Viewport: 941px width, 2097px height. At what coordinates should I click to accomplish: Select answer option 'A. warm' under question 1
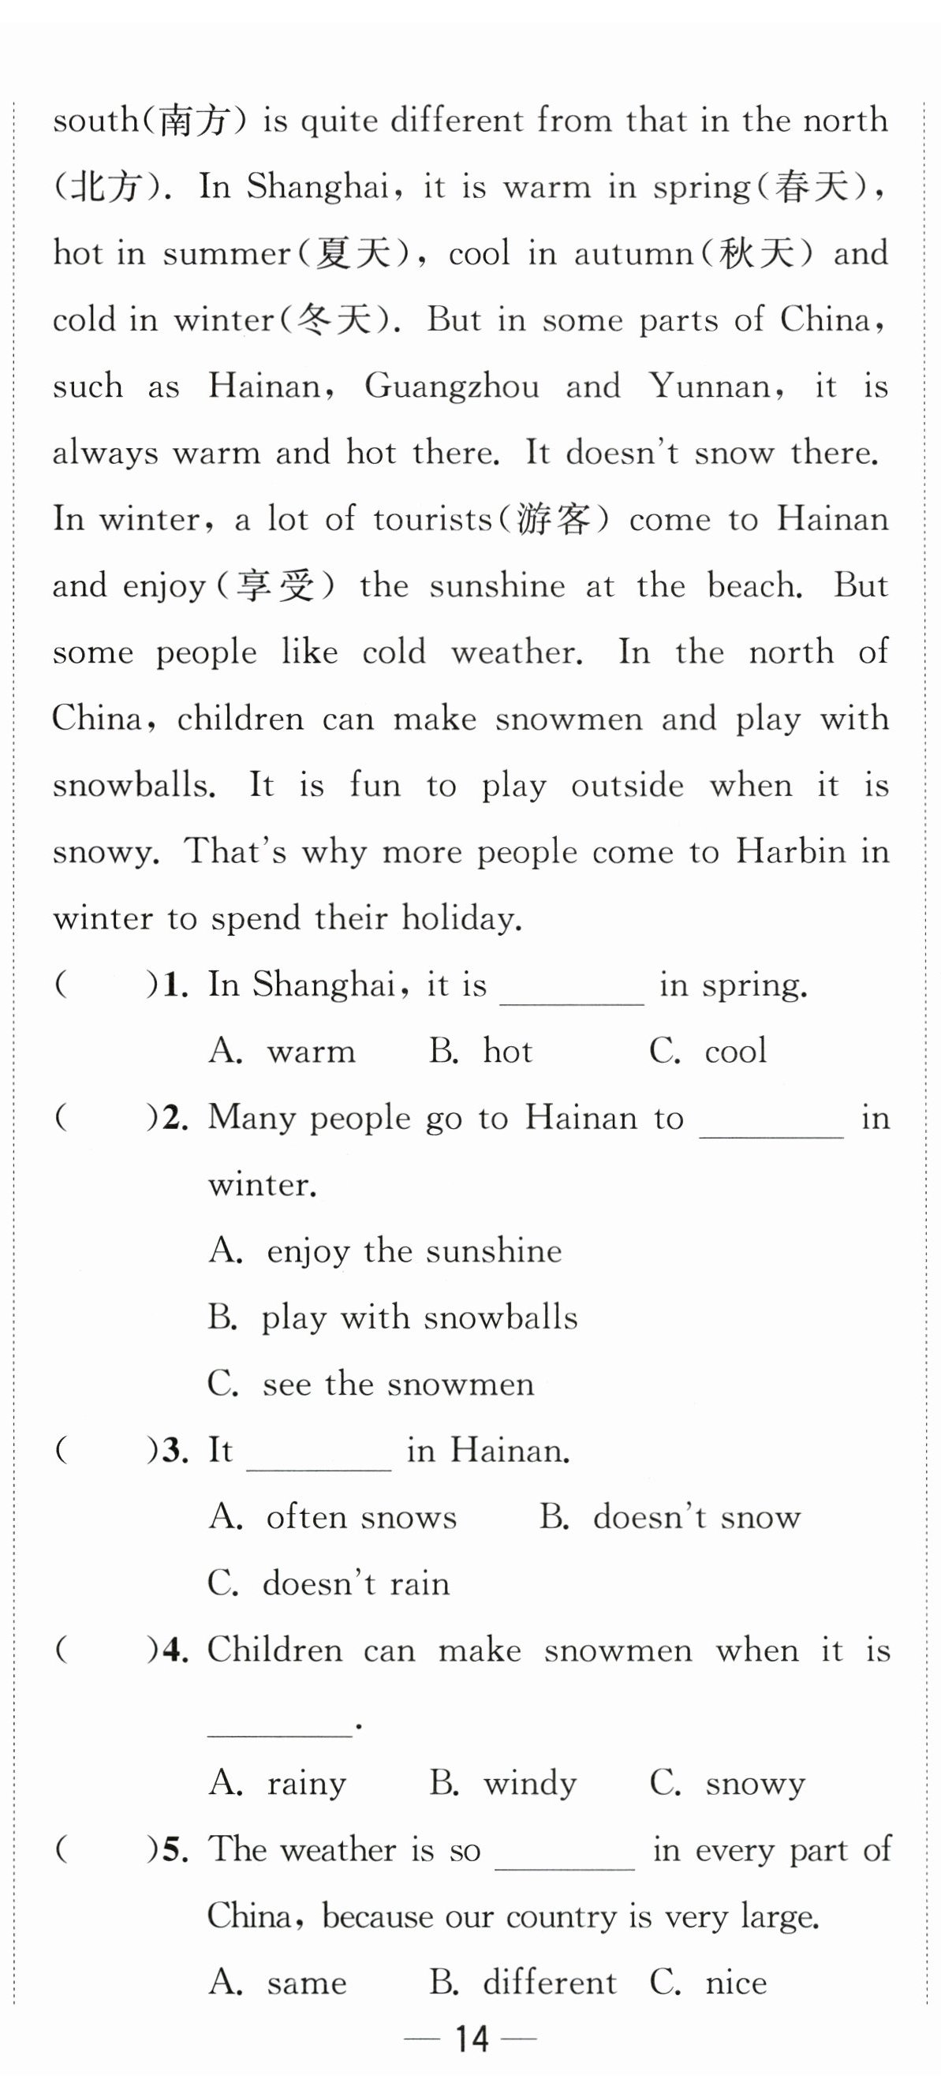tap(282, 1051)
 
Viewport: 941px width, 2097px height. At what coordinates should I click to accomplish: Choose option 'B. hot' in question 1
tap(480, 1051)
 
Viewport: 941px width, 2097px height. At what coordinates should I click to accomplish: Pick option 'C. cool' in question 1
tap(708, 1051)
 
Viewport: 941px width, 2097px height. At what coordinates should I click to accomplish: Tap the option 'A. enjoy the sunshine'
tap(385, 1250)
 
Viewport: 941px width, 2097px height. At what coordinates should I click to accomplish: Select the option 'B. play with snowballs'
tap(392, 1318)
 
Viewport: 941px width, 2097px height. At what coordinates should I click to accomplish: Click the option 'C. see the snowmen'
tap(371, 1384)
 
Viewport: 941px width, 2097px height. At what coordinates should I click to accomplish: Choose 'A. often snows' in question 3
tap(332, 1516)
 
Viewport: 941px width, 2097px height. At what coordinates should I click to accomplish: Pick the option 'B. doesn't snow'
tap(669, 1516)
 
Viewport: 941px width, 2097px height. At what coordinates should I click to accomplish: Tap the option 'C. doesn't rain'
tap(328, 1583)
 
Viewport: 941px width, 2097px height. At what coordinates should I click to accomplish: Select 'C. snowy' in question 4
tap(727, 1783)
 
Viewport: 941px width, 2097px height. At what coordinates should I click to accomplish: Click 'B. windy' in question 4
tap(502, 1783)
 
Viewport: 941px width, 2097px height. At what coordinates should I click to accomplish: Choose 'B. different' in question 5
tap(523, 1983)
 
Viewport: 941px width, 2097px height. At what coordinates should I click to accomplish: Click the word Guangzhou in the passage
tap(452, 386)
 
